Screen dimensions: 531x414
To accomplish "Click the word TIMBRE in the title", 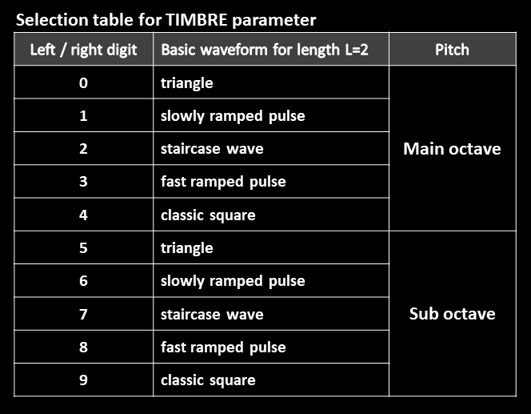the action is pos(197,20).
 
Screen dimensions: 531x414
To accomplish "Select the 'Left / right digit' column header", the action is pos(83,50).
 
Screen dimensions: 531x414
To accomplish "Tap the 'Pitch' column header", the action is pos(452,50).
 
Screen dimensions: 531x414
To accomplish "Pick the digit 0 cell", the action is pos(83,82).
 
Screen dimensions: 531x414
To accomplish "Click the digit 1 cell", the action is pos(83,115).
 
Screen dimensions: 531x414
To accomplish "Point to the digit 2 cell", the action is pos(83,148).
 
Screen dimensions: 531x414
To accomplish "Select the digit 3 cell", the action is pos(83,182).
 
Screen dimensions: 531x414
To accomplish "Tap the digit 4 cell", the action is pos(83,215).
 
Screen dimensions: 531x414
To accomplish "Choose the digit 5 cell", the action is pos(83,248).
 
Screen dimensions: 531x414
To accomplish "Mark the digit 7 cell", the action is pos(83,314).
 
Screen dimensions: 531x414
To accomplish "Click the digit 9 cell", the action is pos(83,380).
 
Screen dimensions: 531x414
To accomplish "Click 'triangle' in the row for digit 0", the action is pos(187,83).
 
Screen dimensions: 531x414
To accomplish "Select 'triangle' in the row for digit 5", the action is pos(187,248).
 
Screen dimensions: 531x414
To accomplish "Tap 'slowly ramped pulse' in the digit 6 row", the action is pos(233,281).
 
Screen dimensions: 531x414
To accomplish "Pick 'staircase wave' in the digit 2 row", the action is pos(212,149).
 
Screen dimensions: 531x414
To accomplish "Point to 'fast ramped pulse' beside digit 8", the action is pos(223,348).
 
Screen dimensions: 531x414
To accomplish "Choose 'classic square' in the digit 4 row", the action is pos(208,215).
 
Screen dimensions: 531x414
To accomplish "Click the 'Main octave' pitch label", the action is pos(452,148).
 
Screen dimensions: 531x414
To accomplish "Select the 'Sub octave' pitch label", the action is pos(452,314).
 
